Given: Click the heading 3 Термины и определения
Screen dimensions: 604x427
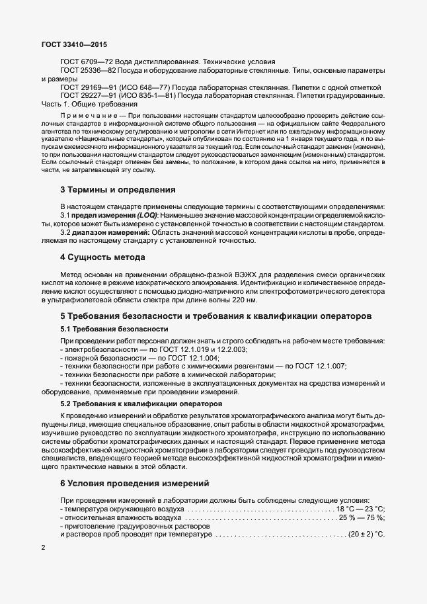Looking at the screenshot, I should point(118,190).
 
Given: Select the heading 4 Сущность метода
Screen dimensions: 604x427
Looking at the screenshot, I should point(102,257).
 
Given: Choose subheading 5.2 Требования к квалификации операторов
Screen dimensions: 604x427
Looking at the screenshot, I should point(141,403).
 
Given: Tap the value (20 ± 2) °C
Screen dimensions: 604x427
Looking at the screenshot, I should point(367,534).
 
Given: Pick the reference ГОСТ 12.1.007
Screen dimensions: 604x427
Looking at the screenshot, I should point(319,366).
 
